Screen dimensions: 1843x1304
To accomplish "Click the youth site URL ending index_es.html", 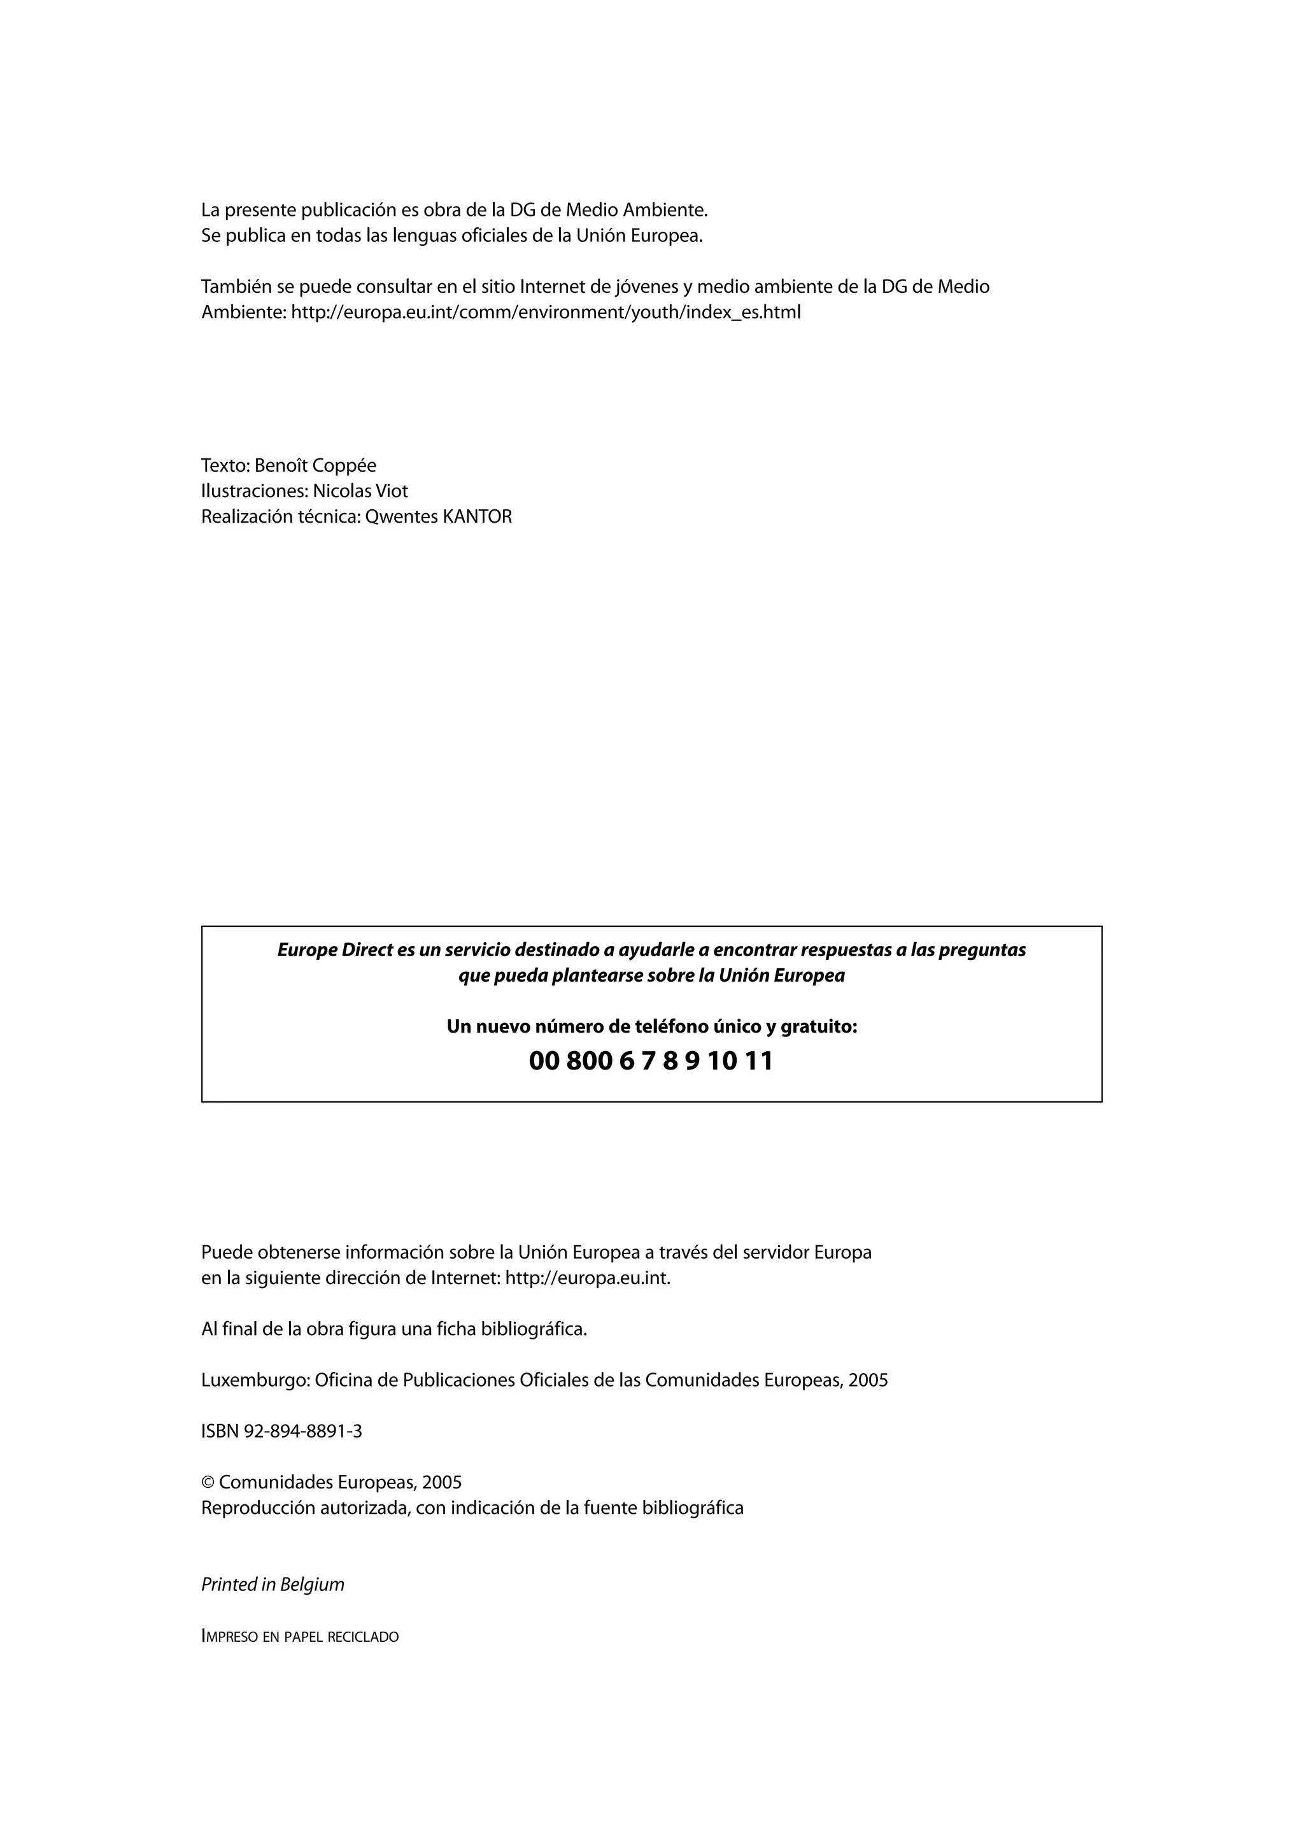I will [x=546, y=312].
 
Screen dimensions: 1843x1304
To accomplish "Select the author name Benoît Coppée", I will [x=316, y=465].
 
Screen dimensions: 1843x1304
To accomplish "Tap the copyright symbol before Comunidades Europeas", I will [x=207, y=1482].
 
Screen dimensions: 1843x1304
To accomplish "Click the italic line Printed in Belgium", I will [x=273, y=1584].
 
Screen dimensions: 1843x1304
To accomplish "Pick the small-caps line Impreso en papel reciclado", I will [x=299, y=1636].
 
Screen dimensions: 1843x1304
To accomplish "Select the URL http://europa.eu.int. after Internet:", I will [x=587, y=1277].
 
